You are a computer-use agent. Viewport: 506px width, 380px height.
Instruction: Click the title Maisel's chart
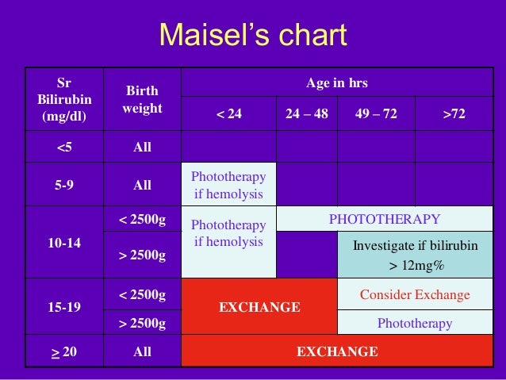(x=253, y=35)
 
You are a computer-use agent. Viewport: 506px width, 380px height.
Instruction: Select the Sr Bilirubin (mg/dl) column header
(x=63, y=99)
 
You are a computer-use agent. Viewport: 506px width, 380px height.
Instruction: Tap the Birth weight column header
(x=142, y=99)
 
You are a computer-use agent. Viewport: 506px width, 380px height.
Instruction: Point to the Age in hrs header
(x=337, y=83)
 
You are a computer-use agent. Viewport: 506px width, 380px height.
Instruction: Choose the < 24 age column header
(x=228, y=114)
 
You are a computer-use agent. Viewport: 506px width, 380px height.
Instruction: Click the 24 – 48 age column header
(x=307, y=114)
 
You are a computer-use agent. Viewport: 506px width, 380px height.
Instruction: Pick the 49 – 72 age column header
(x=376, y=114)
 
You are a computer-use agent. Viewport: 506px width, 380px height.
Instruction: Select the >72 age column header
(x=454, y=114)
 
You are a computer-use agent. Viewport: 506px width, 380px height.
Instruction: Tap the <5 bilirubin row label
(x=63, y=147)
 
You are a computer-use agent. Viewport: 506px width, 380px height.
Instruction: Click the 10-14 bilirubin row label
(x=63, y=242)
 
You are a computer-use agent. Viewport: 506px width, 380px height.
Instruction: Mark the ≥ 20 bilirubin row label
(x=63, y=351)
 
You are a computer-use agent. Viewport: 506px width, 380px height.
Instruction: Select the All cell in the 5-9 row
(x=142, y=185)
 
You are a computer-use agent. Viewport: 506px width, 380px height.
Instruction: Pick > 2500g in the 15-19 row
(x=142, y=323)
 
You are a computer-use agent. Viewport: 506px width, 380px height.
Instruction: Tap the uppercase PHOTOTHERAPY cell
(x=384, y=219)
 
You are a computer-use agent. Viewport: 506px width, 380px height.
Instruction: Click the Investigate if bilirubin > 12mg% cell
(x=415, y=255)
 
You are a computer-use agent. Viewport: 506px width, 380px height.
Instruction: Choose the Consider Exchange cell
(x=415, y=295)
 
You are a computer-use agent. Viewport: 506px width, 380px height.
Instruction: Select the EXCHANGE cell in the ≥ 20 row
(x=337, y=351)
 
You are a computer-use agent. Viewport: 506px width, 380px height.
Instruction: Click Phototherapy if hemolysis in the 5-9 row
(x=228, y=184)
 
